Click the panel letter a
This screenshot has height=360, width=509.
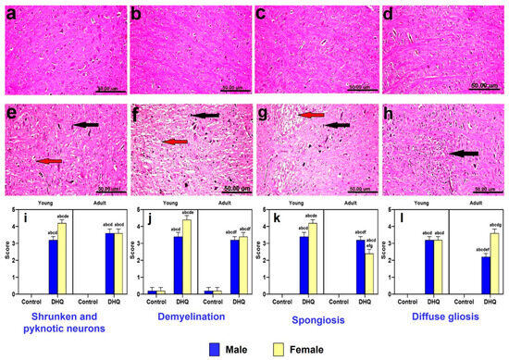point(10,14)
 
